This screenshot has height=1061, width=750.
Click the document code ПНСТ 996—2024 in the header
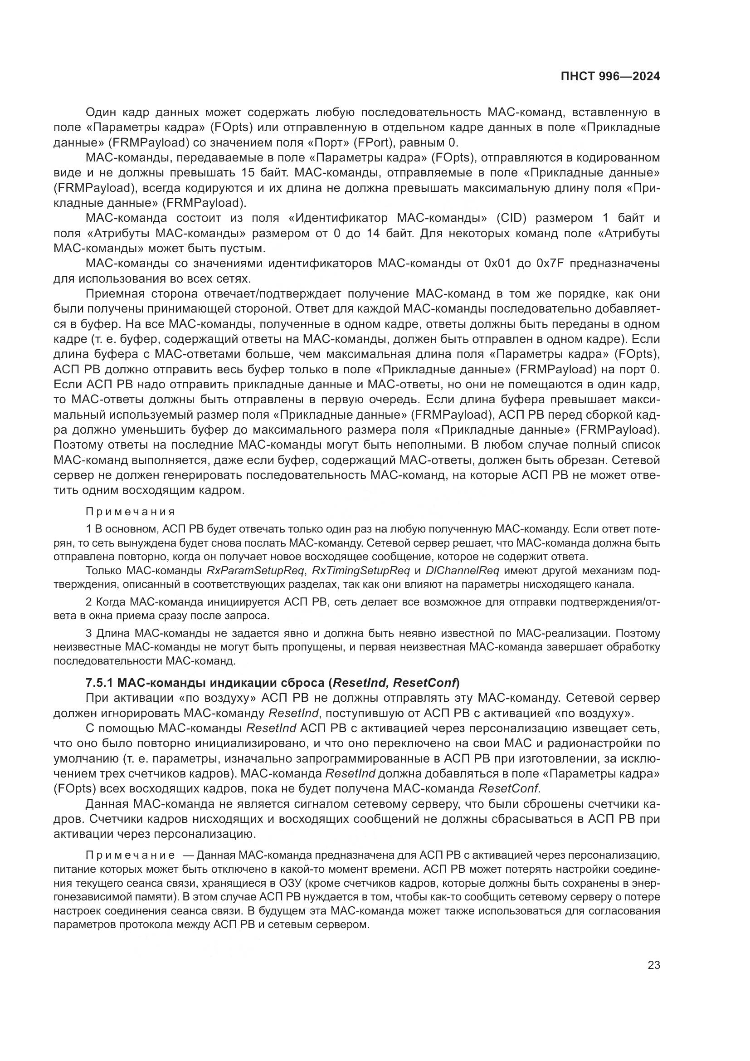coord(610,77)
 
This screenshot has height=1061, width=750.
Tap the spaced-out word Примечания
coord(130,512)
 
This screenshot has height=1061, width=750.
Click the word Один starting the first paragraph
coord(101,112)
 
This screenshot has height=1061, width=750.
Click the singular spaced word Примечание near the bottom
coord(130,856)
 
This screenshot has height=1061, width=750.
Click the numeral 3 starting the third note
coord(89,633)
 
